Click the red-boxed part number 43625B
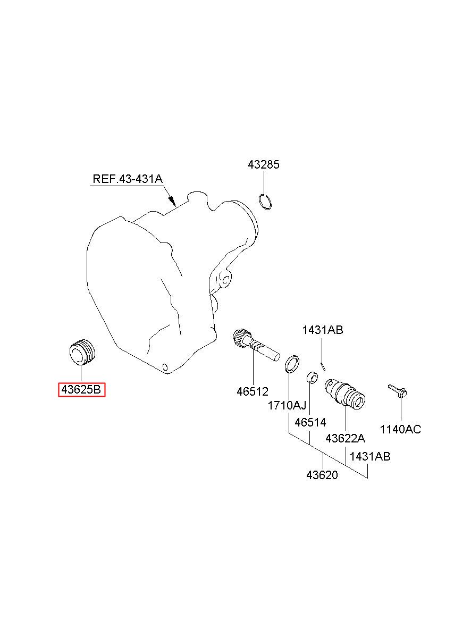[x=82, y=390]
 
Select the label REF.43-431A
[x=128, y=179]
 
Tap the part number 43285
[x=263, y=165]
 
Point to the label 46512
[x=253, y=391]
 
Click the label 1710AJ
[x=287, y=406]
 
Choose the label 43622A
[x=345, y=439]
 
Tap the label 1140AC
[x=400, y=429]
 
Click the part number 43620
[x=322, y=475]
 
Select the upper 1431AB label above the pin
[x=323, y=330]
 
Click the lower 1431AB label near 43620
[x=370, y=456]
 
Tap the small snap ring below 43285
[x=265, y=202]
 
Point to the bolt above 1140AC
[x=398, y=391]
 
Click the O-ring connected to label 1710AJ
[x=291, y=364]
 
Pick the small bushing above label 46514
[x=312, y=378]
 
